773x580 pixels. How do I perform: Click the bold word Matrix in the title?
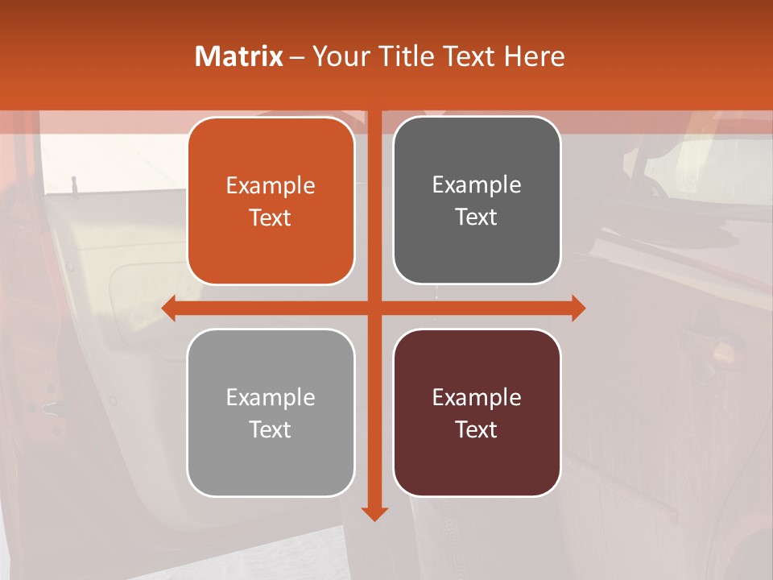238,56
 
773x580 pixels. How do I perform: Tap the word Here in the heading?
534,56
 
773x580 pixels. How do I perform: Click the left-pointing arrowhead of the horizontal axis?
169,308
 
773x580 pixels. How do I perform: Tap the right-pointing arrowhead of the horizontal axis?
578,308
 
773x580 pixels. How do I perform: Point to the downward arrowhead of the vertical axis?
374,513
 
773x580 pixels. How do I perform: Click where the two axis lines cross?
374,308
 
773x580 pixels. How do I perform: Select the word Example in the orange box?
271,186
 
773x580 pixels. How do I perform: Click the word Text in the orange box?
271,218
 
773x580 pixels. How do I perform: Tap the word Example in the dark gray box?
477,185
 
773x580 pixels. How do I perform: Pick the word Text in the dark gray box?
477,217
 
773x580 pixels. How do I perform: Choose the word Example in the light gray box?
271,398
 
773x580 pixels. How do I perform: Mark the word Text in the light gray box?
271,430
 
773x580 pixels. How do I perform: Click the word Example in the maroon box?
477,398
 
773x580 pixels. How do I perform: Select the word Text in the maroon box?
477,430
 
